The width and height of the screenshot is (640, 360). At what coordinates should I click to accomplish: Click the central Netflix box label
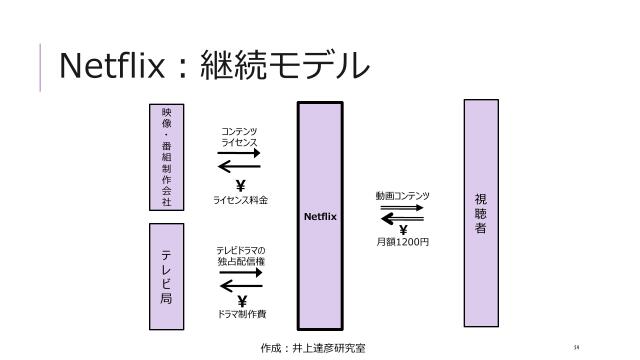(320, 215)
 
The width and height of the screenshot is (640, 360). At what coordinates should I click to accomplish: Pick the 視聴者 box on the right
(481, 213)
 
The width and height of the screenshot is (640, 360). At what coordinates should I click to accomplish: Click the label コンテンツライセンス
(240, 138)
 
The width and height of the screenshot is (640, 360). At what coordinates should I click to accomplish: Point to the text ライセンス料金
(240, 200)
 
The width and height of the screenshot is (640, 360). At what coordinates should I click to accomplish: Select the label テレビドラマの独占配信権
(240, 255)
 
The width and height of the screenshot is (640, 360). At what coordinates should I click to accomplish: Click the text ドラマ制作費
(240, 314)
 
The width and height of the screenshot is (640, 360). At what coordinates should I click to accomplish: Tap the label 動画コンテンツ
(403, 196)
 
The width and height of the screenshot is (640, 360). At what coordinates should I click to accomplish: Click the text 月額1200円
(403, 243)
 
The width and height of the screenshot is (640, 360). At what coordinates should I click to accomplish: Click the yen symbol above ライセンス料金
(240, 185)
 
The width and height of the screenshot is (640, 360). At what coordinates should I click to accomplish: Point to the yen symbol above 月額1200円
(403, 230)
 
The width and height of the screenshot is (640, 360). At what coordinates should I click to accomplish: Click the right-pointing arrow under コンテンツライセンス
(240, 153)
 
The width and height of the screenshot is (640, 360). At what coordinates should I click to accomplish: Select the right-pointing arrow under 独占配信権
(240, 271)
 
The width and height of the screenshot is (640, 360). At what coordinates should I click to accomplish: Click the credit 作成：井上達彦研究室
(313, 348)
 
